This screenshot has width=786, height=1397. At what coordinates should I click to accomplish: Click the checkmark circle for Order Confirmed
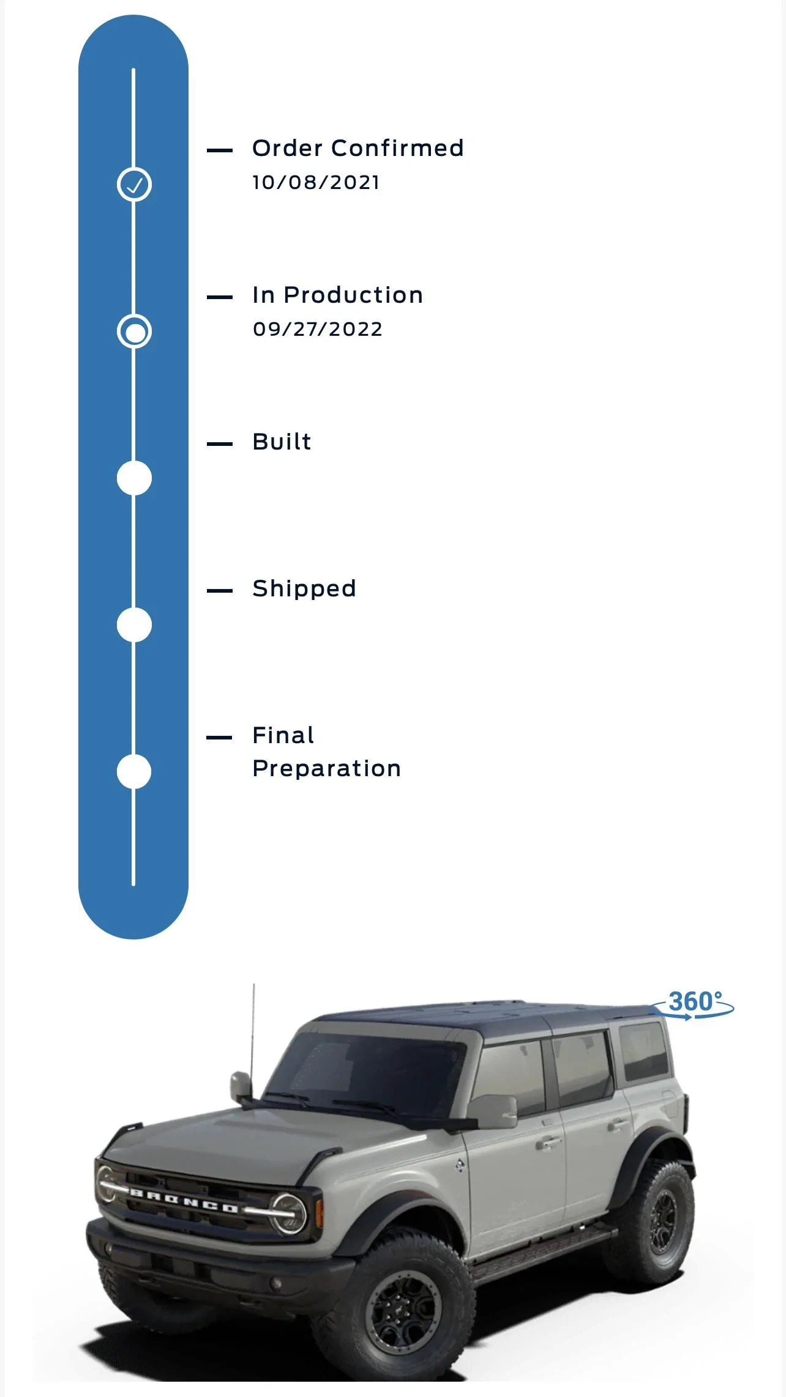coord(134,184)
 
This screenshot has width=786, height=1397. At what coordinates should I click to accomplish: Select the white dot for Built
coord(134,478)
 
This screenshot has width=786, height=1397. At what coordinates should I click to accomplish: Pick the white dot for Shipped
coord(134,624)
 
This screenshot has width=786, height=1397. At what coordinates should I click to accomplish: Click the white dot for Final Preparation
coord(134,771)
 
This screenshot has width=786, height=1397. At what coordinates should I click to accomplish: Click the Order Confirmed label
coord(358,148)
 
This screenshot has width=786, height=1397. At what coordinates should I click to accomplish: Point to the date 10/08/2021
coord(316,182)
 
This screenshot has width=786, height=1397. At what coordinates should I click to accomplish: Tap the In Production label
coord(337,295)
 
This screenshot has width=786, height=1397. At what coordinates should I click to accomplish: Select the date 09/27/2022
coord(318,329)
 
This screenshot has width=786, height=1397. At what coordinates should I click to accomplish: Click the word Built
coord(282,442)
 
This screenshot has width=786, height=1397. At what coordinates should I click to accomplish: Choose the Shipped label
coord(304,589)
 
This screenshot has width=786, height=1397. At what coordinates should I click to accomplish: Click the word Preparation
coord(326,769)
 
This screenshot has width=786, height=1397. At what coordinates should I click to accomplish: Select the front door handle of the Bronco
coord(548,1141)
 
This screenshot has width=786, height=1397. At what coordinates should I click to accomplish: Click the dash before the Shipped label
coord(220,591)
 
